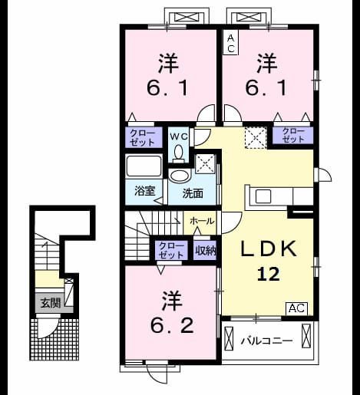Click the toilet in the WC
(x=178, y=154)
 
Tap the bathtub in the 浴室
(x=144, y=166)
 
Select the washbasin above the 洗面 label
(x=180, y=176)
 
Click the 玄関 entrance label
(x=51, y=303)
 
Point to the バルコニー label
(x=266, y=341)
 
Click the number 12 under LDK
(x=268, y=274)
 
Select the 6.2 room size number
(x=172, y=326)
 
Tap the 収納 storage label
(x=206, y=251)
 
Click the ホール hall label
(x=202, y=221)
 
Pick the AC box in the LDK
(x=296, y=308)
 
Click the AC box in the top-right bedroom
(x=231, y=42)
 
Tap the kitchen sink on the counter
(x=263, y=196)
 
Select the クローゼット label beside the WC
(x=142, y=138)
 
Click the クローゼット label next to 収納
(x=171, y=251)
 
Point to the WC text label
(x=179, y=137)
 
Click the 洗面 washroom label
(x=193, y=193)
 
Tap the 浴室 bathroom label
(x=145, y=190)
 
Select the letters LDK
(x=269, y=249)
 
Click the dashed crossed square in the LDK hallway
(x=256, y=137)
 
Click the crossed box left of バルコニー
(x=229, y=338)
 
